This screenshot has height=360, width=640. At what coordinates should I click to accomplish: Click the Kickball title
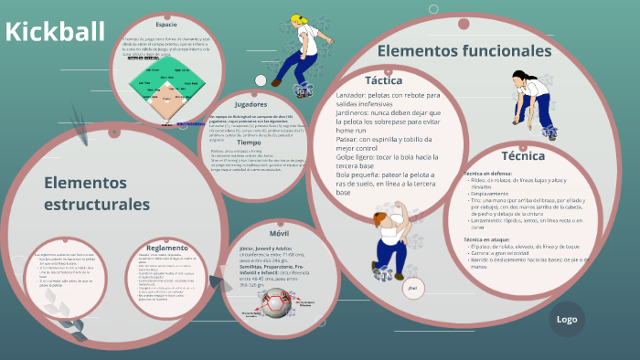tap(55, 32)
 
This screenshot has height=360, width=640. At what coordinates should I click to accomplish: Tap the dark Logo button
tap(566, 319)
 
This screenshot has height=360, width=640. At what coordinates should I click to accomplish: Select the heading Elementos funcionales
tap(464, 51)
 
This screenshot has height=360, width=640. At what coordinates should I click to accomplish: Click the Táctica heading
tap(383, 80)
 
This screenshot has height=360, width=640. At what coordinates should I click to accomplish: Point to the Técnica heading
tap(523, 155)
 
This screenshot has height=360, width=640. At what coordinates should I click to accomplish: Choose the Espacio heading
tap(166, 24)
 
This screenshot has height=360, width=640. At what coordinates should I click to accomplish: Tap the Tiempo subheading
tap(249, 143)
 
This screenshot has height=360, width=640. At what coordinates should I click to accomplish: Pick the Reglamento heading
tap(166, 248)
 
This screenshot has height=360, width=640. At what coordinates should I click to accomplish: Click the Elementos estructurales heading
tap(96, 193)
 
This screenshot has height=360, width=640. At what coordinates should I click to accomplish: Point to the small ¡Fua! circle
tap(412, 289)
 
